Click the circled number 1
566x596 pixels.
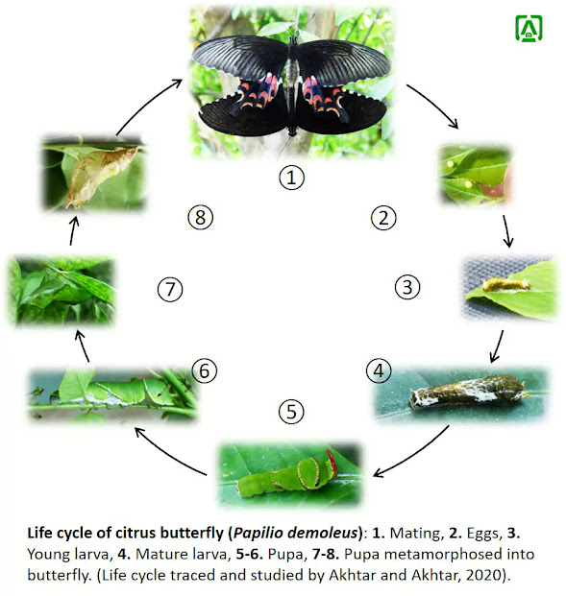click(x=291, y=177)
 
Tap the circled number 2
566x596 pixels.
click(x=382, y=218)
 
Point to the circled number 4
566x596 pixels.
click(x=379, y=370)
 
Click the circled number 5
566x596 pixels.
click(x=292, y=412)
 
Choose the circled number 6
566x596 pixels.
click(x=203, y=370)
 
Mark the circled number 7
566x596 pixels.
click(x=169, y=288)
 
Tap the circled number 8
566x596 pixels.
click(x=199, y=218)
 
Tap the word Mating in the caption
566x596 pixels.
click(x=384, y=531)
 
